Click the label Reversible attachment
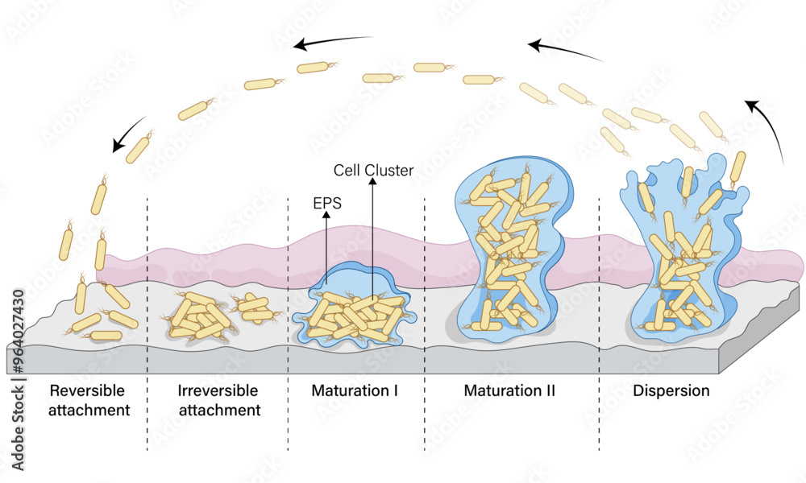tap(88, 400)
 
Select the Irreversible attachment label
tap(218, 400)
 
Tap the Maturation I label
tap(355, 391)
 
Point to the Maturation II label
tap(509, 391)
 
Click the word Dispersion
tap(671, 391)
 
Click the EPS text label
tap(326, 204)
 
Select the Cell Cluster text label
tap(373, 171)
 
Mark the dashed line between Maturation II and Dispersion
tap(599, 322)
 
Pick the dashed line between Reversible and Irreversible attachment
tap(147, 322)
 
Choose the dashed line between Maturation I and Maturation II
tap(425, 322)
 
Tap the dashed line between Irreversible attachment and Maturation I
tap(288, 322)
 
